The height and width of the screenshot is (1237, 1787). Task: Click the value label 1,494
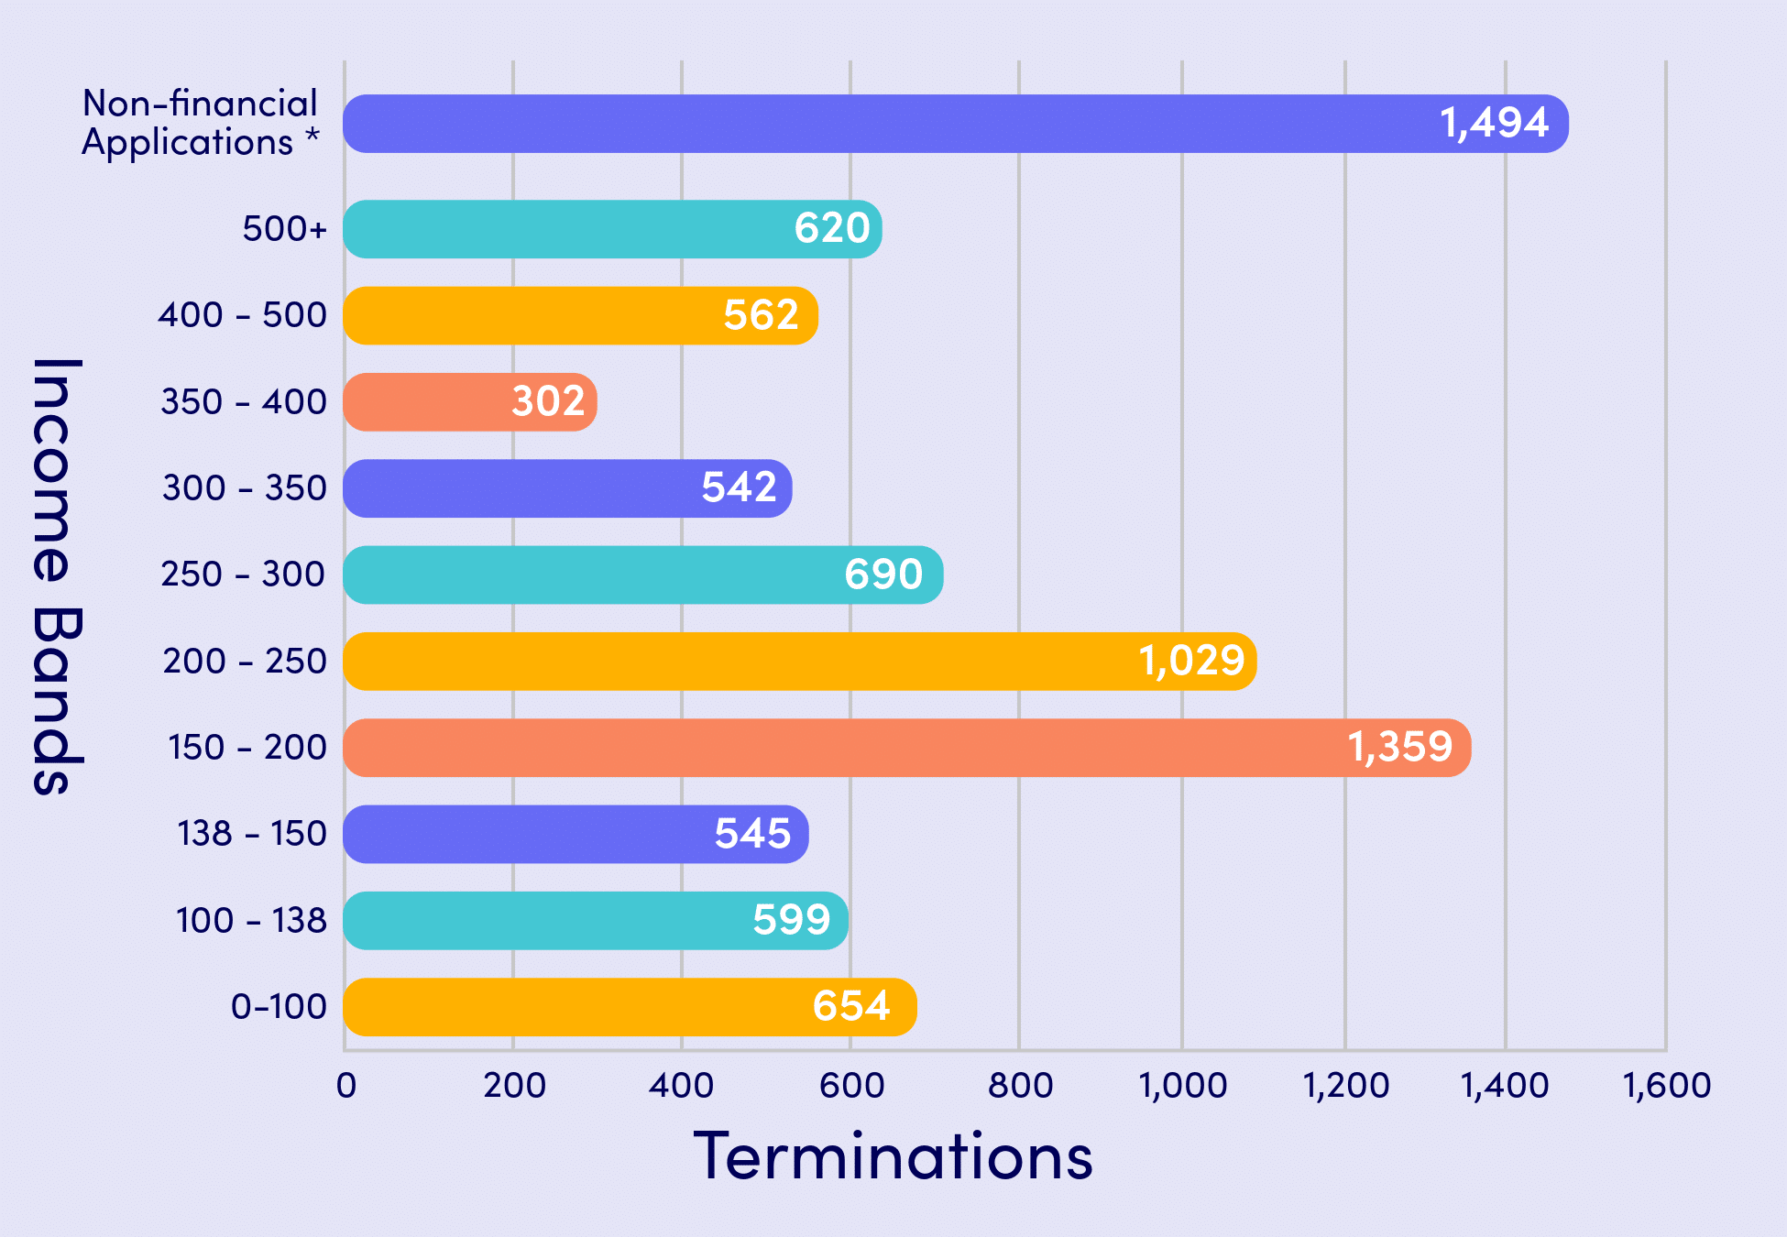1494,123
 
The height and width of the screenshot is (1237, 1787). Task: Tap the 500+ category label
284,228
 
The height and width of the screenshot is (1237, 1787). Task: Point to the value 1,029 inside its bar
1190,661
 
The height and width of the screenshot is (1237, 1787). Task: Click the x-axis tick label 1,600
1666,1085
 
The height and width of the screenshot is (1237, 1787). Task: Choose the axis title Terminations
893,1156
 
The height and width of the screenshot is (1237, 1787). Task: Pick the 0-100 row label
279,1006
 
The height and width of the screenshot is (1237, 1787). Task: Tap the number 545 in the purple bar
751,834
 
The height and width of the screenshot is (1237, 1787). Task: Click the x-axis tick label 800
1020,1085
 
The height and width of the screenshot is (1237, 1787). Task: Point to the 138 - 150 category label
251,834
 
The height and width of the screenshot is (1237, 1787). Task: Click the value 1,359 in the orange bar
1399,747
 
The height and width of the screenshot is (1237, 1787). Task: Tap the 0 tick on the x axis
346,1085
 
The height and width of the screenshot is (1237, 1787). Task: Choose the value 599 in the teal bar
791,920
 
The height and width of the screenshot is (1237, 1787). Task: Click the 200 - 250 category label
244,661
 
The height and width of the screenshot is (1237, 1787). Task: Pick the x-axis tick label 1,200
1345,1085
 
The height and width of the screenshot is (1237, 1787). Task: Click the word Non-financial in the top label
200,104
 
